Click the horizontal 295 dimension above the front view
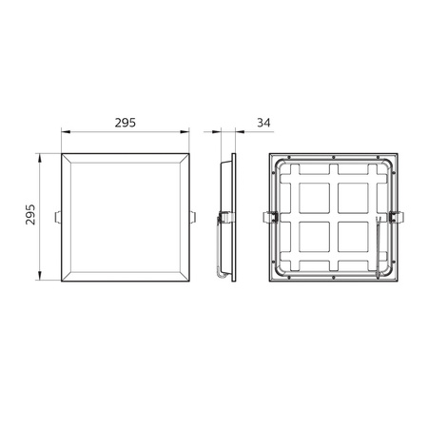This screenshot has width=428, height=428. point(126,122)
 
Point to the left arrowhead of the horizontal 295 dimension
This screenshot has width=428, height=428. point(66,133)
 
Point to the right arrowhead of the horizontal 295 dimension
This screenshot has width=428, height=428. point(186,133)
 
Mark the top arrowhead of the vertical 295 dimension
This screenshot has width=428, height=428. point(40,155)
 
